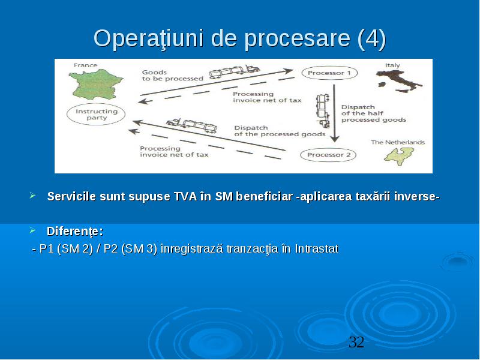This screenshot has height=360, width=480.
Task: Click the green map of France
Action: coord(95,84)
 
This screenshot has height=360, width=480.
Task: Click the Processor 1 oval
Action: coord(329,73)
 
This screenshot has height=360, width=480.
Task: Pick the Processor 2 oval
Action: coord(328,155)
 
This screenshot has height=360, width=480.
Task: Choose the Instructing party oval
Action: coord(96,114)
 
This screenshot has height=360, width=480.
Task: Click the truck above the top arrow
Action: coord(235,72)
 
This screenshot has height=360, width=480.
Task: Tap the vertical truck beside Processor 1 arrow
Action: coord(323,111)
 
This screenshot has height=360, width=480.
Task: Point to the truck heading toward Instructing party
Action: coord(191,125)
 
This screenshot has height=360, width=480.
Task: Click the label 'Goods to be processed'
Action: coord(172,76)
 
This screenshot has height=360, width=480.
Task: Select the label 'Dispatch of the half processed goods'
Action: coord(373,113)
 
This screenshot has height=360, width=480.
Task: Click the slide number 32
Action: coord(356,342)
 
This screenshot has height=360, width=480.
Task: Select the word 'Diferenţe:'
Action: coord(75,232)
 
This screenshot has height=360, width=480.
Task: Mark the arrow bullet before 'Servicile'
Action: coord(33,196)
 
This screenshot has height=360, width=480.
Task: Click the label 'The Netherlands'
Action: coord(398,142)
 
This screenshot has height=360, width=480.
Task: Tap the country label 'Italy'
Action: coord(392,65)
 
